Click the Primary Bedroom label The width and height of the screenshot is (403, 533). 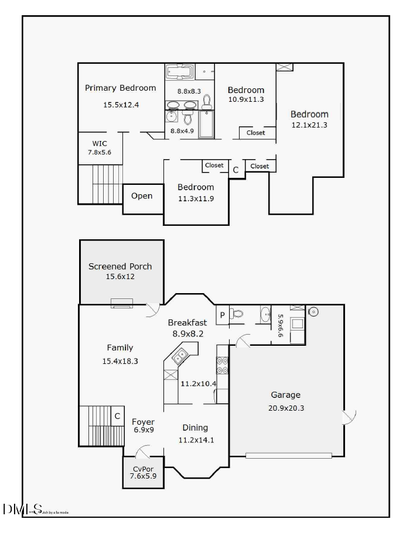click(120, 88)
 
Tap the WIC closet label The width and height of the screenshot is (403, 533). click(99, 143)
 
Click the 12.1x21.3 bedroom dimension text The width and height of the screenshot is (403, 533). click(309, 125)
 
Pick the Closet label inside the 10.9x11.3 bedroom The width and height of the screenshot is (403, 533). click(255, 133)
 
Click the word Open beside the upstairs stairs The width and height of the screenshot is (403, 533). click(142, 196)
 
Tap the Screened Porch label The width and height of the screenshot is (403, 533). click(120, 266)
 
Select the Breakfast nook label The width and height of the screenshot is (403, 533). click(187, 322)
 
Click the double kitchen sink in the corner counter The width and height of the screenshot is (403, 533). click(180, 355)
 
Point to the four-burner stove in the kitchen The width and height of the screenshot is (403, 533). click(223, 366)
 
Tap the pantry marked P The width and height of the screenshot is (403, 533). click(222, 314)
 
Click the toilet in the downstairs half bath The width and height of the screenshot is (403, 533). click(236, 314)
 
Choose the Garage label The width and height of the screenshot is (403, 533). click(285, 395)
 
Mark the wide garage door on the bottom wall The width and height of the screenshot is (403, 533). click(288, 455)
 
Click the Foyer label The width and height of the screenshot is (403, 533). click(143, 421)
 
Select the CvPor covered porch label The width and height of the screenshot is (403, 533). click(143, 469)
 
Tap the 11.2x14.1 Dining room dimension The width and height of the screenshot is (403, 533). click(196, 439)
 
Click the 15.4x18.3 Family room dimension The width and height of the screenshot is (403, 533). click(120, 361)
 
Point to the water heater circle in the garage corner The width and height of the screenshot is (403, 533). click(313, 311)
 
